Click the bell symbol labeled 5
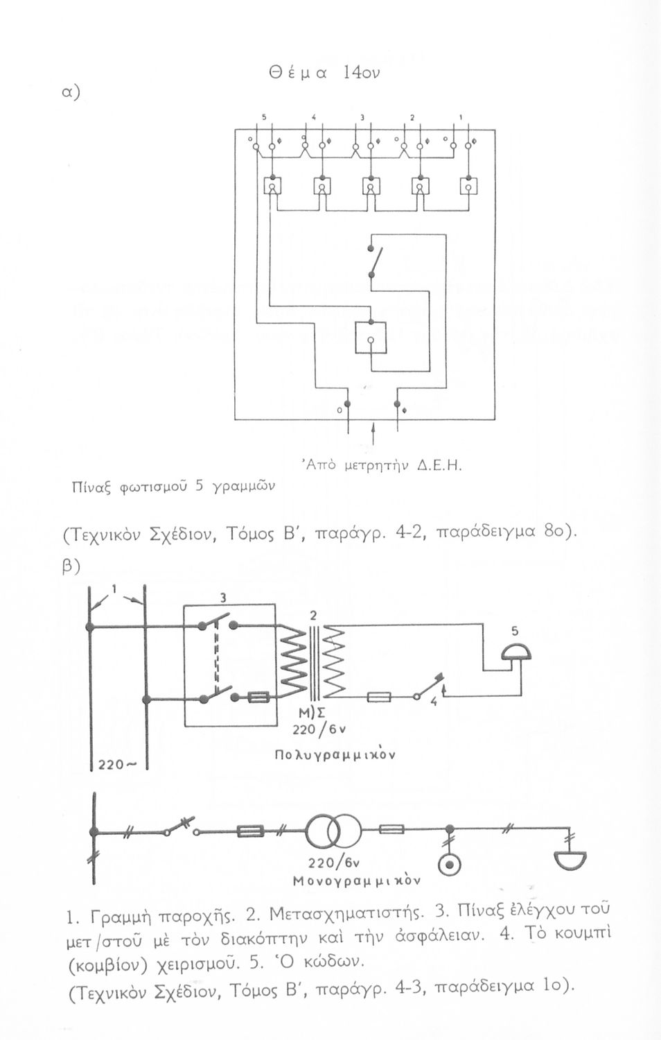tap(514, 654)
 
